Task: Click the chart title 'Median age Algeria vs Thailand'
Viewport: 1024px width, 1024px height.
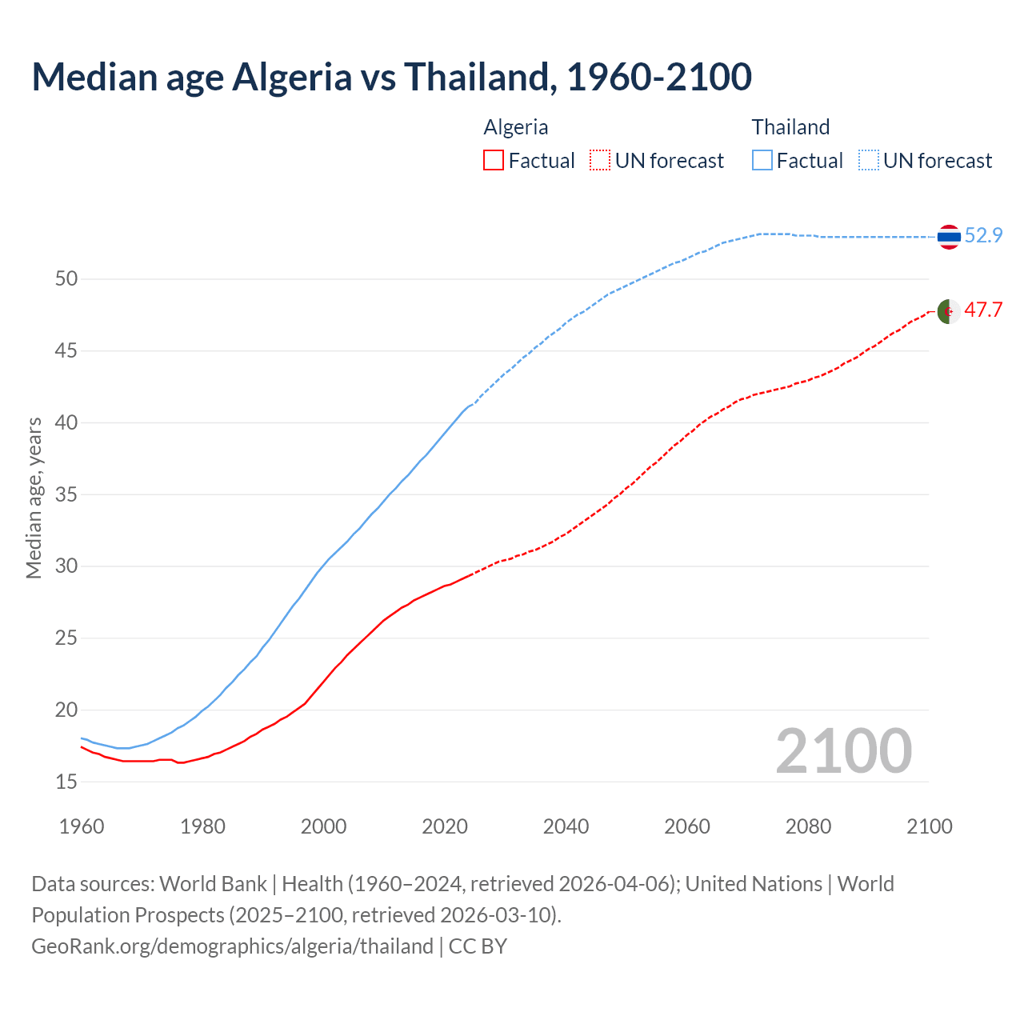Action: coord(391,77)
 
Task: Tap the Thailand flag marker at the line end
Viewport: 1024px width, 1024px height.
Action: coord(949,237)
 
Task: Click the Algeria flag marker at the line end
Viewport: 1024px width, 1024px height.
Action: coord(949,311)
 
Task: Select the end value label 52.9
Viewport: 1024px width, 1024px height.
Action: coord(983,235)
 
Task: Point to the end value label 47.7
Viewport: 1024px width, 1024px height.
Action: coord(983,310)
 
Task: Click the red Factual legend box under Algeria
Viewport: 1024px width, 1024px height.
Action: coord(494,161)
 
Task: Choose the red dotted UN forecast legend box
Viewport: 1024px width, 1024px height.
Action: coord(600,161)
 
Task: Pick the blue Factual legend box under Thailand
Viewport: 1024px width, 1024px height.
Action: coord(762,161)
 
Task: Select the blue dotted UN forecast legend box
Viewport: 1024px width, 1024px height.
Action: coord(869,161)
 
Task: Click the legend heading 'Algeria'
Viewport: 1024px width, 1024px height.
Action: coord(516,127)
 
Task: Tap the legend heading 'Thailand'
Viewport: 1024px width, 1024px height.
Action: coord(790,127)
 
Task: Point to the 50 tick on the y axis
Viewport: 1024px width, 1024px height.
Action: coord(66,279)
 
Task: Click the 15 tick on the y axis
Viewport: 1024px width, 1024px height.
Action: coord(66,782)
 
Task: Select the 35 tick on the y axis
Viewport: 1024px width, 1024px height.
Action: coord(66,494)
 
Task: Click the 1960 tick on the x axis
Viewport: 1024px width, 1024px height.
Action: coord(82,826)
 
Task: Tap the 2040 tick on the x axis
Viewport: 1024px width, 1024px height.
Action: coord(566,826)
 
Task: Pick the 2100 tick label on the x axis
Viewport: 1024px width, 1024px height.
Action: coord(929,826)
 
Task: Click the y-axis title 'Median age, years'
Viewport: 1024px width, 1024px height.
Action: coord(34,498)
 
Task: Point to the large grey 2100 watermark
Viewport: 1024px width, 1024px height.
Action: coord(843,750)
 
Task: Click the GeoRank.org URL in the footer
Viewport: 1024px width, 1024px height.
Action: coord(232,946)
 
